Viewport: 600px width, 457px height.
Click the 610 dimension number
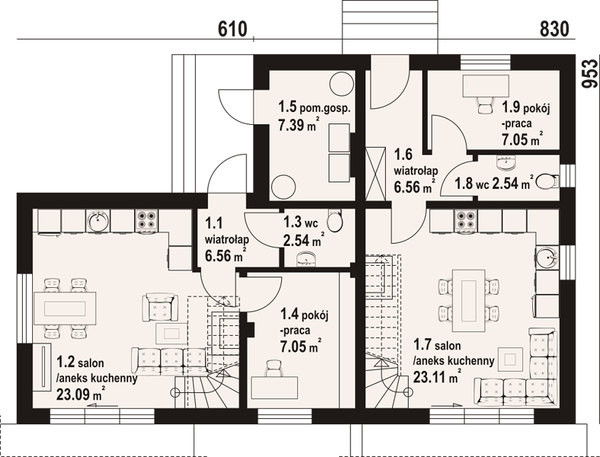(233, 30)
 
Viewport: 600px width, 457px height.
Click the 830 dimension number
(554, 30)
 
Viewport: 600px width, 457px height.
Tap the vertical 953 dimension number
(589, 74)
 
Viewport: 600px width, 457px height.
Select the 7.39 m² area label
(298, 125)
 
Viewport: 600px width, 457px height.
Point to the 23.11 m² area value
(437, 377)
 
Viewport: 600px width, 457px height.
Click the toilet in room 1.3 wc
(335, 221)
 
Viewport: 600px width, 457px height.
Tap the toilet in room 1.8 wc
(547, 181)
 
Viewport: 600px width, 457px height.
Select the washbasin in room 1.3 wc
(307, 259)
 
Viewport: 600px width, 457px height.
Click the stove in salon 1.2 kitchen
(146, 221)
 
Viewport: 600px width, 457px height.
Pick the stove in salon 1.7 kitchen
(465, 221)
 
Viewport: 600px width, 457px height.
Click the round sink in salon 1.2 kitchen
(98, 221)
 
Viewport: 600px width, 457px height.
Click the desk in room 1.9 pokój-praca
(486, 86)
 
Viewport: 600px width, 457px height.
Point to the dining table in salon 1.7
(469, 301)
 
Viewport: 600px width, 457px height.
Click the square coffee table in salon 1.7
(510, 359)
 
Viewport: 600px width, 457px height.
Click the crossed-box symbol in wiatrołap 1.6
(375, 174)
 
